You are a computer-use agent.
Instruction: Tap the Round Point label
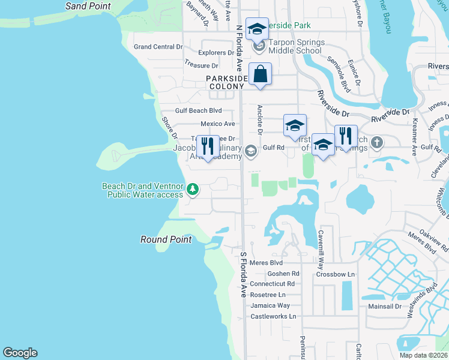coord(166,239)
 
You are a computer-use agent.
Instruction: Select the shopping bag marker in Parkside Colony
coord(260,74)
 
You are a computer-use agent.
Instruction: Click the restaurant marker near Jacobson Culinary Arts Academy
coord(208,146)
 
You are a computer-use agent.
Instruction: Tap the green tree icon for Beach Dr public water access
coord(193,190)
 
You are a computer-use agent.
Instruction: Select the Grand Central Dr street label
coord(158,47)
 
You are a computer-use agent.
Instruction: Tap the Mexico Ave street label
coord(217,124)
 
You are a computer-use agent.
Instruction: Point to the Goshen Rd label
coord(283,273)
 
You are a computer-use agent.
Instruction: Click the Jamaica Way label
coord(270,305)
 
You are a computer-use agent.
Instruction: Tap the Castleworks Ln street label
coord(273,316)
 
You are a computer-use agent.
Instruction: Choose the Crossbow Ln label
coord(336,274)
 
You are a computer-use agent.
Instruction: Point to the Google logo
coord(20,353)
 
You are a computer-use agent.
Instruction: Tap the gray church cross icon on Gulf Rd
coord(376,143)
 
